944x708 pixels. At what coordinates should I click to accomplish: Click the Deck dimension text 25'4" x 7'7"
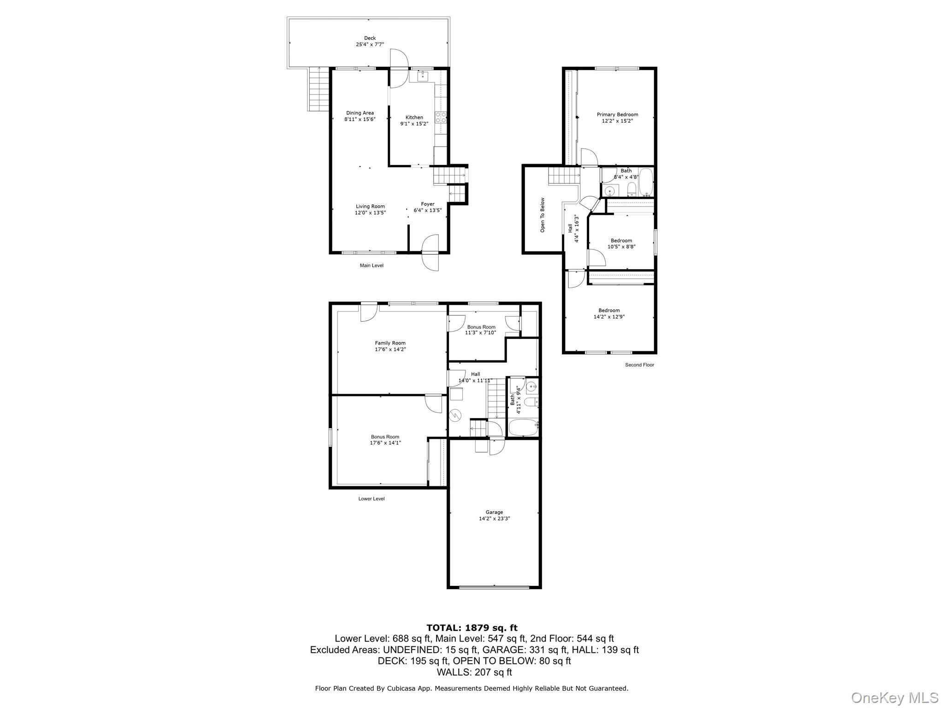coord(370,45)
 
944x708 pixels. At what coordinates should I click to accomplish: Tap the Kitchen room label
coord(414,117)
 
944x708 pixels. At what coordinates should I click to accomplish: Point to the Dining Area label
coord(360,113)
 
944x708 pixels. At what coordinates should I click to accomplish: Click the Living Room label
coord(370,206)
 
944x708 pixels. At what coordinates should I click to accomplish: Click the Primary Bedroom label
coord(617,115)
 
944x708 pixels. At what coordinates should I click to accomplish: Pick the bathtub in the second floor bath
coord(646,183)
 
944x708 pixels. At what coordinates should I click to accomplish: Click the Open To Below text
coord(543,215)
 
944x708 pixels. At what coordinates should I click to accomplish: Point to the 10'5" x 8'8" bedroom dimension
coord(621,247)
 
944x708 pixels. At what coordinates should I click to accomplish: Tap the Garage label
coord(494,512)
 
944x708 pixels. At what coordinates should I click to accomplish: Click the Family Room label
coord(390,343)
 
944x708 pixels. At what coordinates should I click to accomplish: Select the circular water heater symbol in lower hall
coord(455,415)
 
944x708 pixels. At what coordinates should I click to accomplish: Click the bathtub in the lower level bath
coord(523,427)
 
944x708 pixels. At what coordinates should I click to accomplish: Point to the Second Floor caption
coord(639,365)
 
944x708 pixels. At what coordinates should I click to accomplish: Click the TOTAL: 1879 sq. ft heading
coord(472,628)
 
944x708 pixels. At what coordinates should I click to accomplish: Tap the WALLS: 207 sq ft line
coord(474,672)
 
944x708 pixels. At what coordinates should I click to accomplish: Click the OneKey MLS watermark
coord(894,697)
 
